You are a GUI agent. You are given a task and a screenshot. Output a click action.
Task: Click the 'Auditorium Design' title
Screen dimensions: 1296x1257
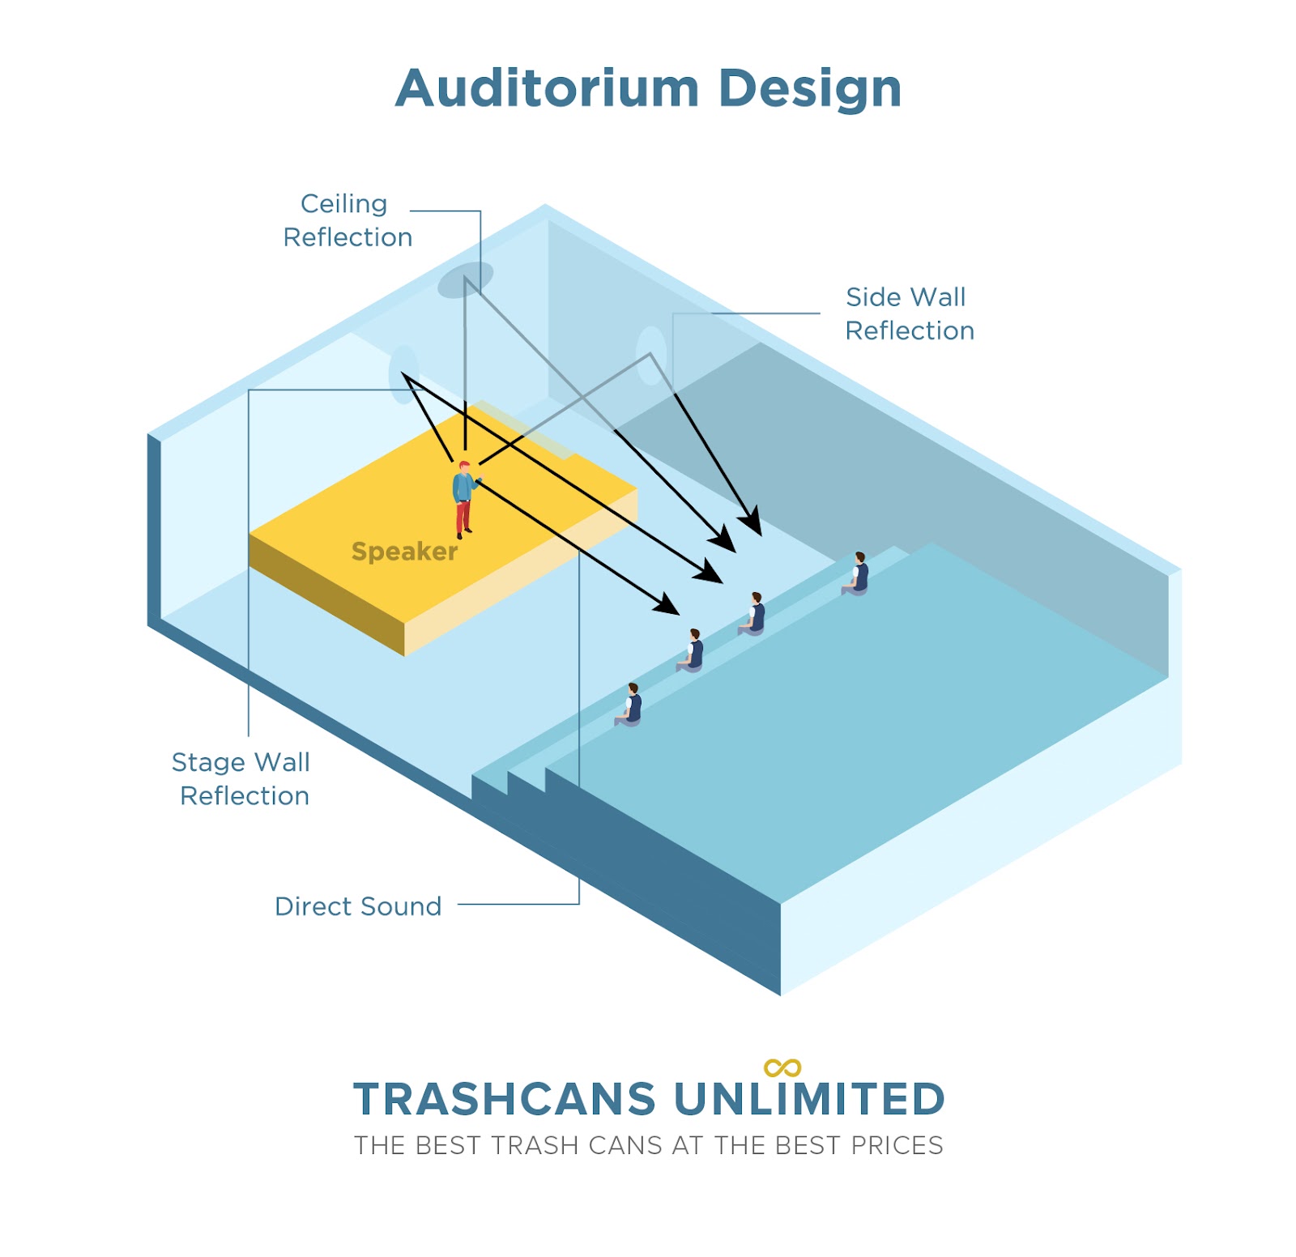tap(648, 89)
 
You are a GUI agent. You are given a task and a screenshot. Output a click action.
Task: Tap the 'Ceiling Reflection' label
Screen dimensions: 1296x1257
tap(347, 220)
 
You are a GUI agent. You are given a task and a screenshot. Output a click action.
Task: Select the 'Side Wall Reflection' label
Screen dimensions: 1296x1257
tap(909, 313)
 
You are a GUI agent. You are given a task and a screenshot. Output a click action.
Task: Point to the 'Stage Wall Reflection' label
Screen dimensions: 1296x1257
tap(241, 778)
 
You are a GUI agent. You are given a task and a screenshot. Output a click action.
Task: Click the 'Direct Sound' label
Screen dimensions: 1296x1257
tap(358, 906)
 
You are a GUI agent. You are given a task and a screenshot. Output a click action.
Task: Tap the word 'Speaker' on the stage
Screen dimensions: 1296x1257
tap(404, 552)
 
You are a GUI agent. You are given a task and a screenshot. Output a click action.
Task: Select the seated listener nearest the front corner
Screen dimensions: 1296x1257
tap(629, 705)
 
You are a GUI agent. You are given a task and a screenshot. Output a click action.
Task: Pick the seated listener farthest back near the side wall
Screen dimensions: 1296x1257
tap(855, 573)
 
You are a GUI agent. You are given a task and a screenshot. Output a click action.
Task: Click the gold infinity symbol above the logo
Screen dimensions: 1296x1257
tap(782, 1068)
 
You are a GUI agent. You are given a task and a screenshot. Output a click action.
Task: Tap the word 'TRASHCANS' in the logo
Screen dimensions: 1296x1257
tap(505, 1100)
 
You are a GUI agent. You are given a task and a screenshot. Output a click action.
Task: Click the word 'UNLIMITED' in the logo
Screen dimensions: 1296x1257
tap(809, 1100)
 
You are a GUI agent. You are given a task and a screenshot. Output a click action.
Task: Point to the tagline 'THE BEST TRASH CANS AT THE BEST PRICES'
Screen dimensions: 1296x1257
tap(649, 1145)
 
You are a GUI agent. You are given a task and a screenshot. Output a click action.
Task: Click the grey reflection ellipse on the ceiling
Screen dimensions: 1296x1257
tap(466, 279)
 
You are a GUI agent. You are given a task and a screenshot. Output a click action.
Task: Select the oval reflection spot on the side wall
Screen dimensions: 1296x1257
tap(651, 355)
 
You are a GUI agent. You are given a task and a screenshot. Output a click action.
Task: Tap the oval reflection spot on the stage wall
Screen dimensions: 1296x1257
tap(403, 374)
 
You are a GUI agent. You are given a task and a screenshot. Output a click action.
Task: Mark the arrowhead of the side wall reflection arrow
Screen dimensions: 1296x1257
tap(752, 522)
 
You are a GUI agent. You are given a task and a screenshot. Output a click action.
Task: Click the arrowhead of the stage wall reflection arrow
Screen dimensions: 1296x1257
tap(710, 572)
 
